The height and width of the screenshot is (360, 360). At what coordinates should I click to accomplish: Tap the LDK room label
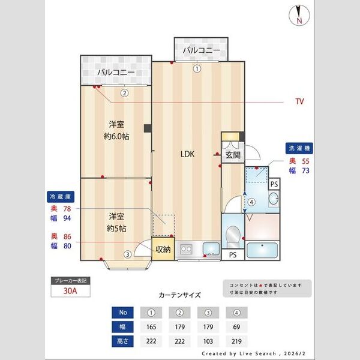point(188,154)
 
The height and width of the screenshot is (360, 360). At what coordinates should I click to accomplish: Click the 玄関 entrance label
point(233,155)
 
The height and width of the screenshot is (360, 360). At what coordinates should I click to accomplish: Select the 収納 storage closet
point(163,249)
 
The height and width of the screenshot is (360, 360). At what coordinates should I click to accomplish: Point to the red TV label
point(299,102)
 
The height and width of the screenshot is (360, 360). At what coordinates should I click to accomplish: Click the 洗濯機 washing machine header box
point(299,148)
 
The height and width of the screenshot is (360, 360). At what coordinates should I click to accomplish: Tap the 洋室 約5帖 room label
point(116,222)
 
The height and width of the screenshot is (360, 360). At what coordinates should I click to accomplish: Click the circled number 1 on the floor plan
point(197,68)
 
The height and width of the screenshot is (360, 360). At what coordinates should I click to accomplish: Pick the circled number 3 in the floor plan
point(127,254)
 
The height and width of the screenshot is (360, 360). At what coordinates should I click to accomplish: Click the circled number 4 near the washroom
point(252,202)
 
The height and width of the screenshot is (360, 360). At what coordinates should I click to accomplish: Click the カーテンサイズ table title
point(179,295)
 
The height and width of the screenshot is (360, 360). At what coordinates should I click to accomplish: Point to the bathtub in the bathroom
point(262,250)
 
